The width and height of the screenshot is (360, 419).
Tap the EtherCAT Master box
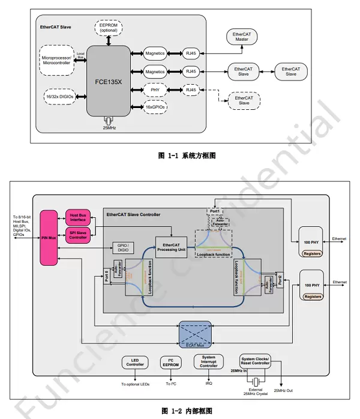pyautogui.click(x=242, y=36)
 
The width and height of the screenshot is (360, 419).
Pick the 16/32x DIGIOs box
pyautogui.click(x=59, y=96)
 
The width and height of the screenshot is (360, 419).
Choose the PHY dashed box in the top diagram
pyautogui.click(x=155, y=90)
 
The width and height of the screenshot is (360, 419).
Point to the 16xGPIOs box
pyautogui.click(x=155, y=107)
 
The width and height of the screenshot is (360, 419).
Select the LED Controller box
pyautogui.click(x=134, y=363)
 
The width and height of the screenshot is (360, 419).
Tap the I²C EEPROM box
pyautogui.click(x=170, y=363)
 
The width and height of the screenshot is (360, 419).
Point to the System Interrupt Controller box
pyautogui.click(x=208, y=362)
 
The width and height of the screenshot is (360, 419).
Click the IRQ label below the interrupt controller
pyautogui.click(x=208, y=384)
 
